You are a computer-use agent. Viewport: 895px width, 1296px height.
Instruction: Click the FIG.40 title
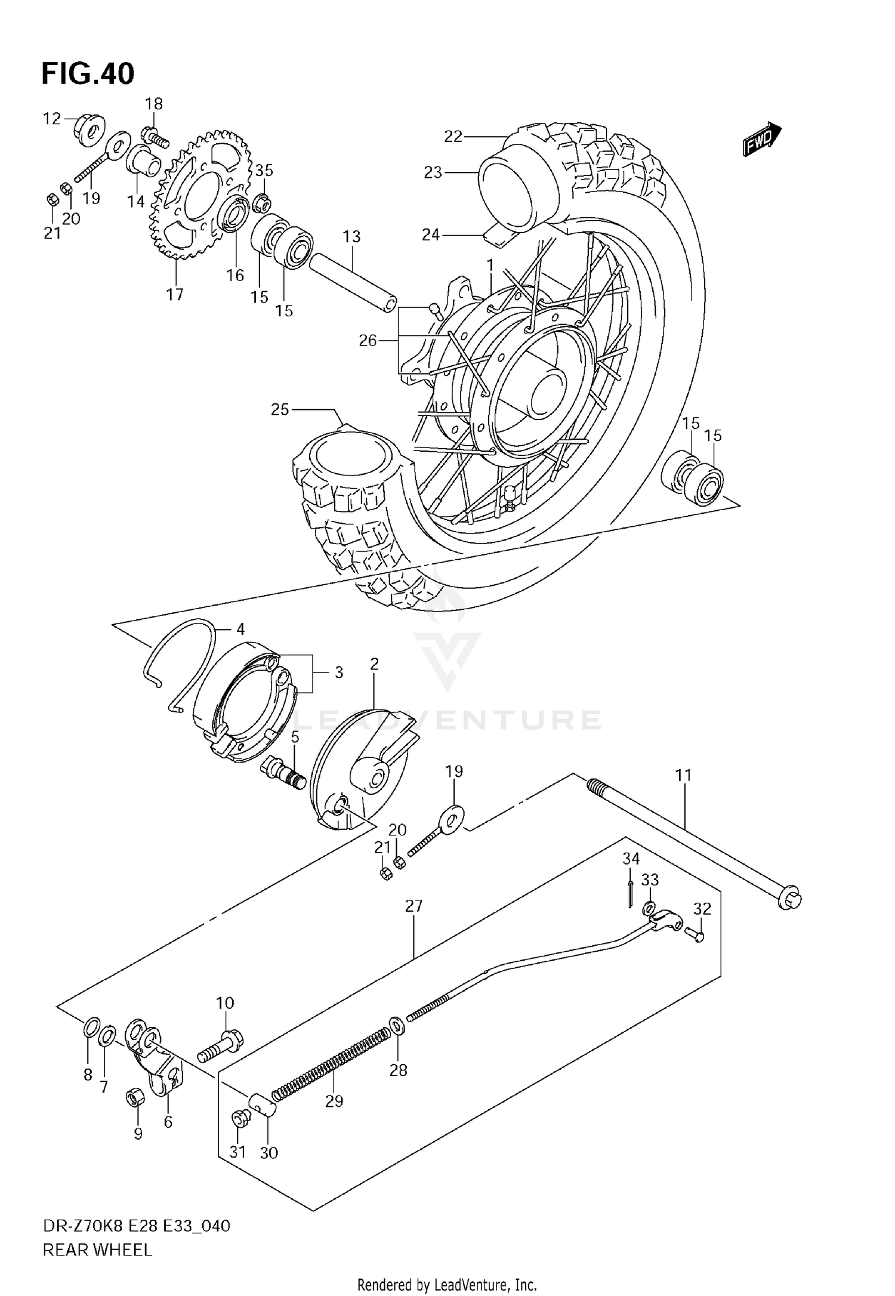click(88, 73)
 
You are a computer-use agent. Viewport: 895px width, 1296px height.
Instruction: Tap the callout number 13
click(351, 237)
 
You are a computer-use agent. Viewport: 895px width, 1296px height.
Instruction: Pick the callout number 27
click(413, 906)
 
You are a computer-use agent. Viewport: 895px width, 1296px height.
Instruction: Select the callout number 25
click(280, 409)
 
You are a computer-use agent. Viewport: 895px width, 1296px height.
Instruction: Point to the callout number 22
click(453, 137)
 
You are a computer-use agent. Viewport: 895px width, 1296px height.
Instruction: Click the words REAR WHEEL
click(97, 1249)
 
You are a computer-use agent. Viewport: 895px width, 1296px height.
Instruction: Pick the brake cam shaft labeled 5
click(285, 773)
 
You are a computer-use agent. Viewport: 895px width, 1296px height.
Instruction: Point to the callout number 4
click(240, 629)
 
